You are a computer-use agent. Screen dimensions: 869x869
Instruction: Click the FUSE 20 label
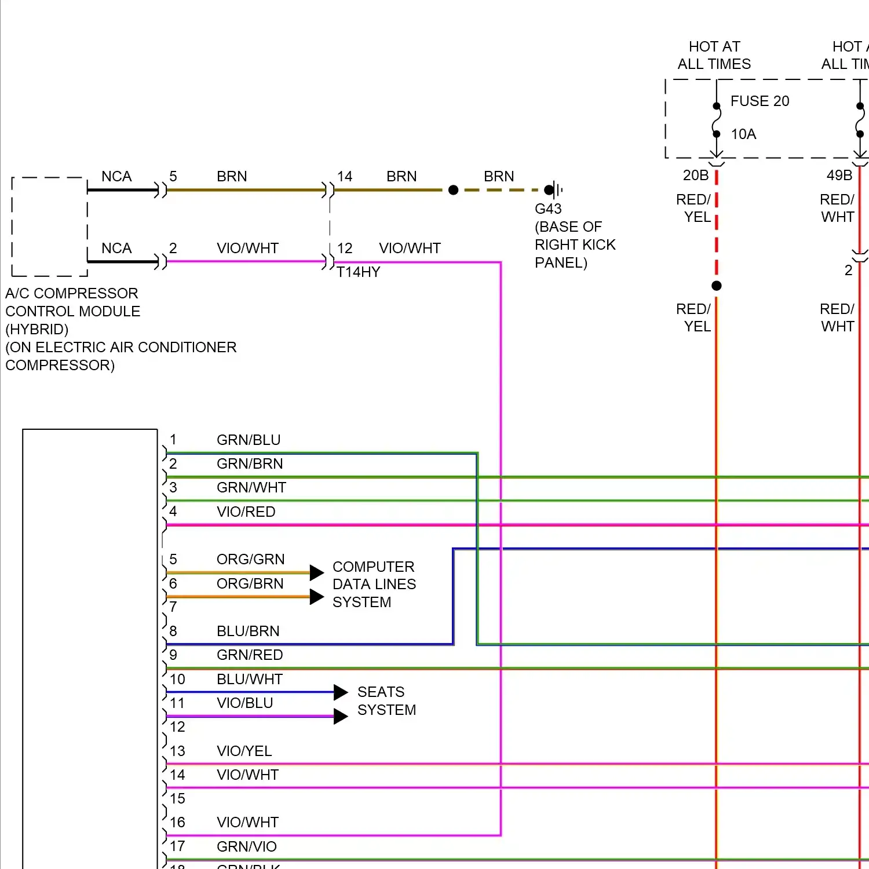[x=760, y=101]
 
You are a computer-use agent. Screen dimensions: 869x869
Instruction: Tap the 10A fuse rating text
[x=743, y=134]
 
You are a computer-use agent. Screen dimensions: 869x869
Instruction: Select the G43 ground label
[x=548, y=209]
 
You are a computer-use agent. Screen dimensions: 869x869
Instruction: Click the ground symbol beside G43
[x=556, y=189]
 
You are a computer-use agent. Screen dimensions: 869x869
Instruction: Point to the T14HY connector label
[x=359, y=272]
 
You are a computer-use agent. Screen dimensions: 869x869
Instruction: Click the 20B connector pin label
[x=695, y=175]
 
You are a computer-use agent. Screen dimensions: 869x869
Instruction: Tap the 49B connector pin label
[x=839, y=175]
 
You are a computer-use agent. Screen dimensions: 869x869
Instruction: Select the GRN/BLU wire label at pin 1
[x=249, y=440]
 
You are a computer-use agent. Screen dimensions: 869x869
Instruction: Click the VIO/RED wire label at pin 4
[x=246, y=512]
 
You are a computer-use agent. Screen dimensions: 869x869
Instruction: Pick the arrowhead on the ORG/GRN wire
[x=316, y=573]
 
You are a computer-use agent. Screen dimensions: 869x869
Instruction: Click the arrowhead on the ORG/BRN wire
[x=316, y=597]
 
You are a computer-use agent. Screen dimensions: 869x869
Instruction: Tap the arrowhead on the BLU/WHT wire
[x=341, y=692]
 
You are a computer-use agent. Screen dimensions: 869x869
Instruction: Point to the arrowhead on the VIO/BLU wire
[x=341, y=717]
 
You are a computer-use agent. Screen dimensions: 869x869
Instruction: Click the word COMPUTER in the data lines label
[x=373, y=567]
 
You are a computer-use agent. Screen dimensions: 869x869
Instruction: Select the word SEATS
[x=381, y=692]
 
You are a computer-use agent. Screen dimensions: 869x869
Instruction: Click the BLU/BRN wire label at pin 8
[x=248, y=631]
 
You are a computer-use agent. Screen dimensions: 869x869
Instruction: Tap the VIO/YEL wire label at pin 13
[x=244, y=751]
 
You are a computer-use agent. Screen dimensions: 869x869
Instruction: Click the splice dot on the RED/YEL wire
[x=717, y=286]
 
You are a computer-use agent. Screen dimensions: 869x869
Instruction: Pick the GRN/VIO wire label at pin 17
[x=246, y=847]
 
